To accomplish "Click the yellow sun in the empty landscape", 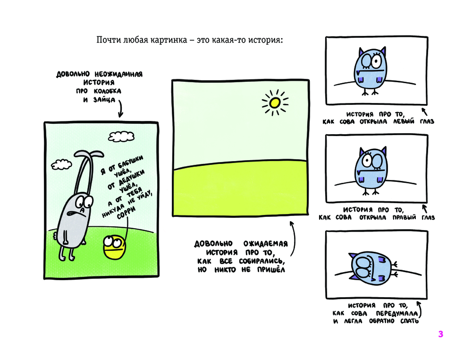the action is click(x=275, y=103).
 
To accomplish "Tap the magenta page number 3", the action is click(x=441, y=334).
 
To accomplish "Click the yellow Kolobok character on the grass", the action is click(x=114, y=247).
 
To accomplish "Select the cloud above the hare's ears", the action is click(x=121, y=137).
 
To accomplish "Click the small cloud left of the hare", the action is click(x=61, y=164).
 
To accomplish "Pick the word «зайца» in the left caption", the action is click(x=104, y=100).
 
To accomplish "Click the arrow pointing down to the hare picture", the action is click(x=120, y=109).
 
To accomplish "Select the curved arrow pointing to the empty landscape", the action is click(x=293, y=239).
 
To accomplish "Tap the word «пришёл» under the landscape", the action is click(x=271, y=270).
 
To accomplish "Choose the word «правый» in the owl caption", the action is click(x=404, y=217).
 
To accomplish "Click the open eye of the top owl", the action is click(x=376, y=61).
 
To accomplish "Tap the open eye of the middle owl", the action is click(x=367, y=160).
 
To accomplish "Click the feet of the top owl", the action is click(x=370, y=92).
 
